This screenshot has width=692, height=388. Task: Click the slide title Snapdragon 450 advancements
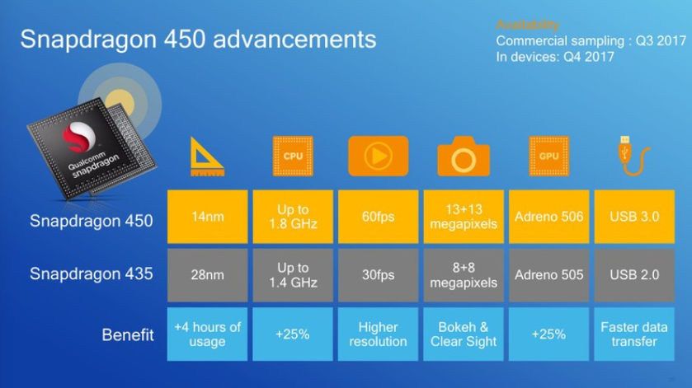point(198,39)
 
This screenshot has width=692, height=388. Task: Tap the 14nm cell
point(207,217)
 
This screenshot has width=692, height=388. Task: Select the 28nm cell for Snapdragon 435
point(207,275)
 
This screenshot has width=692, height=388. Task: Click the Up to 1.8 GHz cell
point(293,217)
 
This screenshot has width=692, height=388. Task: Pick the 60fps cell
point(378,217)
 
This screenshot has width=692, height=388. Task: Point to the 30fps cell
point(378,275)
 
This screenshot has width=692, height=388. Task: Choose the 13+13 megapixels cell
point(464,217)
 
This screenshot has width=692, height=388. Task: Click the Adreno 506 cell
point(549,217)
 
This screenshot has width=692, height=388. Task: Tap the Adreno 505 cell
point(549,275)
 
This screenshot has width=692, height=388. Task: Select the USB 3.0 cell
point(634,217)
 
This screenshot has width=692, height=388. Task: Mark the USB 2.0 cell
point(634,275)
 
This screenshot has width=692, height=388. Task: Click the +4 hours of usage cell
point(207,334)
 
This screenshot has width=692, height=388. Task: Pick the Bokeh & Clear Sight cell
point(464,334)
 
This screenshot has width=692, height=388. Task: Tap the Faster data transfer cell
point(634,334)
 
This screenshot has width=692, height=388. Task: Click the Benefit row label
point(128,335)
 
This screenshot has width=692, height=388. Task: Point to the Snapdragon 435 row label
point(92,274)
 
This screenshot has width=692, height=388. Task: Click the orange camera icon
point(464,157)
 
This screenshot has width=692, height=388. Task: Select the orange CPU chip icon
point(293,156)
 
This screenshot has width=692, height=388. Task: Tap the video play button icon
point(378,156)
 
